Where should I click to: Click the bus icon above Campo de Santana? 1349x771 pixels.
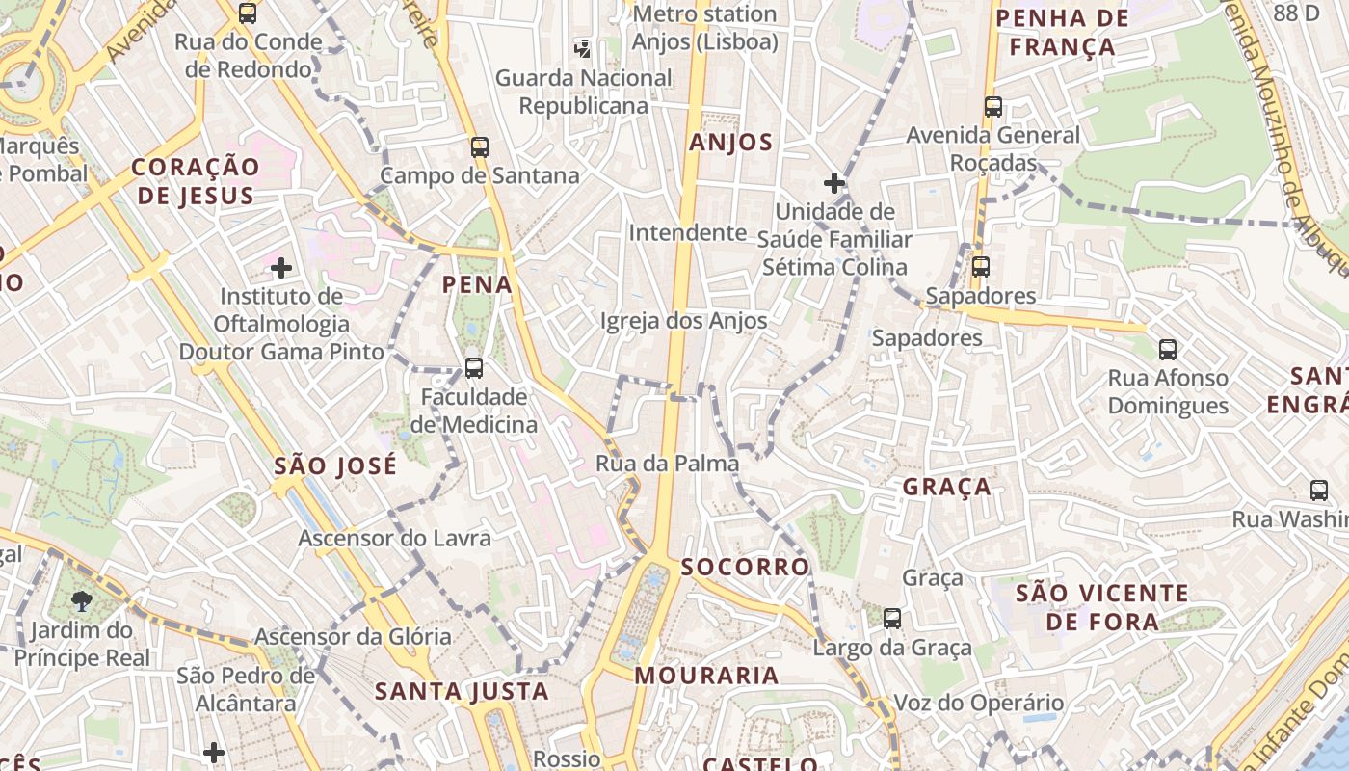[479, 147]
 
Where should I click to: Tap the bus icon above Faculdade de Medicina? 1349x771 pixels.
[473, 368]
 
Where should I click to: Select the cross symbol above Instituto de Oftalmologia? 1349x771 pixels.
[281, 267]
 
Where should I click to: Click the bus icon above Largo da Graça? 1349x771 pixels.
[892, 619]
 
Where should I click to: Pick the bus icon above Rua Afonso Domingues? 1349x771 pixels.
[1168, 349]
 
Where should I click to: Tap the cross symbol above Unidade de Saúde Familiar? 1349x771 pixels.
[834, 182]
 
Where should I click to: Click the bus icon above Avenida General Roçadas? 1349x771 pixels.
[993, 107]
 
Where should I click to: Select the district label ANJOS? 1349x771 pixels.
[731, 143]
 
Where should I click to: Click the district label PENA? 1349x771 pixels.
[477, 284]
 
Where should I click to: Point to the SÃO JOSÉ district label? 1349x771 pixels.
[335, 466]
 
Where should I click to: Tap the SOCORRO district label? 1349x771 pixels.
[745, 567]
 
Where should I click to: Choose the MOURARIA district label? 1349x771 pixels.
[707, 675]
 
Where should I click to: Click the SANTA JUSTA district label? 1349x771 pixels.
[462, 691]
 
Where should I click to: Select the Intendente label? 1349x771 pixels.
[687, 232]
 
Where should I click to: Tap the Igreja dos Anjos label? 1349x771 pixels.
[684, 321]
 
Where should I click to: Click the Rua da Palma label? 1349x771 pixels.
[667, 464]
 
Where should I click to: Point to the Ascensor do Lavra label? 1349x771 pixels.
[394, 538]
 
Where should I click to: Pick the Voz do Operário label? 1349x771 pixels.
[979, 703]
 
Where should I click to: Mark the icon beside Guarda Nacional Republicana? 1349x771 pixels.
[582, 47]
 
